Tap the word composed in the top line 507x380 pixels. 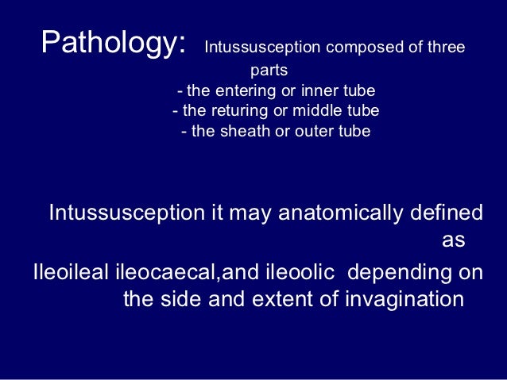click(354, 48)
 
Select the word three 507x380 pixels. click(444, 48)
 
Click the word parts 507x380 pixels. click(269, 71)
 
